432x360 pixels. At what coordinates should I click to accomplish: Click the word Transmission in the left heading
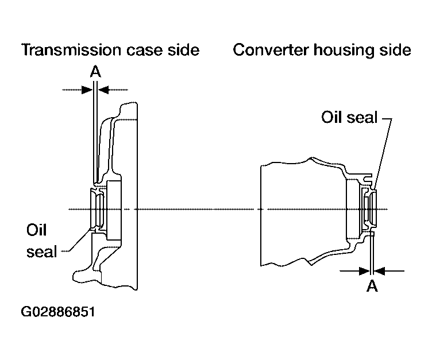click(x=71, y=50)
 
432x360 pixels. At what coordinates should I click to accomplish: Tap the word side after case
click(x=183, y=50)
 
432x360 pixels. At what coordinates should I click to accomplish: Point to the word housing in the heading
click(x=344, y=51)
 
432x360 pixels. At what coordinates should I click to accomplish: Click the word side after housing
click(x=395, y=50)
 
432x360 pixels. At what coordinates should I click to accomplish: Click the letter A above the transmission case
click(x=95, y=72)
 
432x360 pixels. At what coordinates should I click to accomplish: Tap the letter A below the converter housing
click(x=372, y=285)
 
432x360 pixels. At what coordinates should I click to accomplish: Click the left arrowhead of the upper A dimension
click(x=87, y=90)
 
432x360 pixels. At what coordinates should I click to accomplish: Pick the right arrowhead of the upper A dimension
click(x=103, y=90)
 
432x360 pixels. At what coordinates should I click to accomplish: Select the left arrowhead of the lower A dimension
click(x=364, y=271)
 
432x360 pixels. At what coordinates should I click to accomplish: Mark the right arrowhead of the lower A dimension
click(x=379, y=271)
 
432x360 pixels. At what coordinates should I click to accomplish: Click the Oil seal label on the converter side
click(x=349, y=117)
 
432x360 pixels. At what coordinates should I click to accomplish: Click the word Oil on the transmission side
click(x=36, y=230)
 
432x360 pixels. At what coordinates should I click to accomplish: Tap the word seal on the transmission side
click(x=42, y=251)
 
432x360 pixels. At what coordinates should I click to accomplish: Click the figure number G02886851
click(x=58, y=312)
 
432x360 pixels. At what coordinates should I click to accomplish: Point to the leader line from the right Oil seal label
click(x=384, y=154)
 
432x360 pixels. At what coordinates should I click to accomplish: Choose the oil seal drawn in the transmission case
click(x=98, y=209)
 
